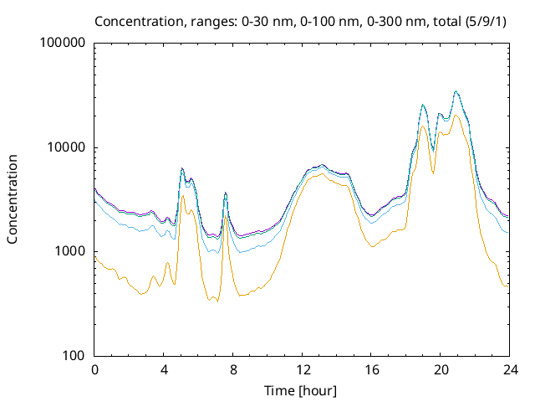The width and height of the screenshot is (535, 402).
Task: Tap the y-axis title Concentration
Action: click(x=13, y=198)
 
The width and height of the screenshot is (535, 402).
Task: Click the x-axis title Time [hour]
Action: click(x=302, y=390)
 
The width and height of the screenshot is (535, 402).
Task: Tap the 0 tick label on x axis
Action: click(x=94, y=370)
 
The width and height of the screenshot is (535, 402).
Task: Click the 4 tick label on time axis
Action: click(x=164, y=370)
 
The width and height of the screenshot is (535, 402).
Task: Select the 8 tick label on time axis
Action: click(x=233, y=370)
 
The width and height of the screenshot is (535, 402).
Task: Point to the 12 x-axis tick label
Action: click(x=302, y=370)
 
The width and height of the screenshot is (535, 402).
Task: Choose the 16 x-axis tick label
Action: click(x=371, y=370)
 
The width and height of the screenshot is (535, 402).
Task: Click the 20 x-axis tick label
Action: click(x=441, y=370)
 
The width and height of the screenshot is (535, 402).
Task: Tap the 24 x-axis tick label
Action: click(x=510, y=370)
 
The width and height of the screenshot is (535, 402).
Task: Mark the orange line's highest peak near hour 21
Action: click(x=456, y=115)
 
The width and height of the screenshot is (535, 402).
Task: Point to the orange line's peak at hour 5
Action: click(x=182, y=196)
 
